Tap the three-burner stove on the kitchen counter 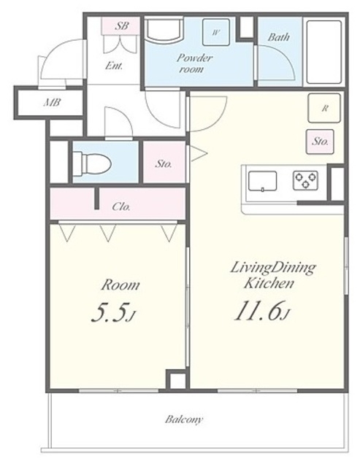click(x=305, y=180)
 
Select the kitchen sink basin click(x=263, y=181)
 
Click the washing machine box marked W click(x=216, y=32)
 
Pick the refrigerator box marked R click(x=324, y=108)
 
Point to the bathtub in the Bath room click(x=323, y=52)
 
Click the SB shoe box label click(x=121, y=26)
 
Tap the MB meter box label click(x=53, y=103)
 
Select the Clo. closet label click(x=121, y=206)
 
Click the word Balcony click(x=184, y=420)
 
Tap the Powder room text click(x=194, y=63)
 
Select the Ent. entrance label click(x=113, y=66)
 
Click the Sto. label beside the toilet click(x=164, y=163)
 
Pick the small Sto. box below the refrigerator click(x=320, y=142)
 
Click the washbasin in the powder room click(x=164, y=29)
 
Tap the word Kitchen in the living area click(x=269, y=283)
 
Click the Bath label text click(x=279, y=37)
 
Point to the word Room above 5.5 click(x=120, y=285)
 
